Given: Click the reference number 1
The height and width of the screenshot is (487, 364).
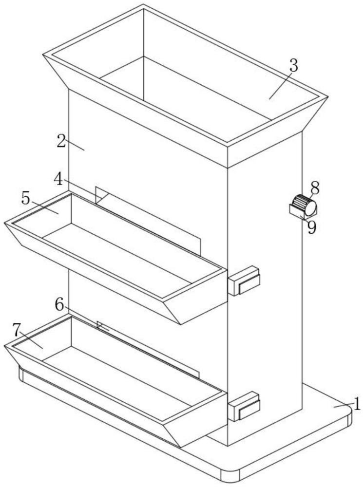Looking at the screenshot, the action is [357, 404].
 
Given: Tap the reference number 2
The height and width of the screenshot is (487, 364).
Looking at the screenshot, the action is [61, 141].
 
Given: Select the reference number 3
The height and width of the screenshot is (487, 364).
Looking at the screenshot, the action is [293, 66].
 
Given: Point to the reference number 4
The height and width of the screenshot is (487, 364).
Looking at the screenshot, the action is [58, 179].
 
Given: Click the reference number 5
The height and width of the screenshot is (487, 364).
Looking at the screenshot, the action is [26, 199].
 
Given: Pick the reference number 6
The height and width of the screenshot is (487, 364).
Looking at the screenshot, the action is [59, 304].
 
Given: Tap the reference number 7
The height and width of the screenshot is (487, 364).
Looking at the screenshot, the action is [17, 330].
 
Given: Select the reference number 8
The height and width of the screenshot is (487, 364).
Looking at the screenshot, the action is [315, 188].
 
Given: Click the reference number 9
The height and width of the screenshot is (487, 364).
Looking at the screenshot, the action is [312, 227].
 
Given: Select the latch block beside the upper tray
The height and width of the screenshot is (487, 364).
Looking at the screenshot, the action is [244, 281].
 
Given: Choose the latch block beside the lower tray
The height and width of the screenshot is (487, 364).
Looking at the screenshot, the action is [244, 406].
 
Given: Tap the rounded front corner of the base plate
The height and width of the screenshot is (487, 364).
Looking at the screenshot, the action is [230, 477].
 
